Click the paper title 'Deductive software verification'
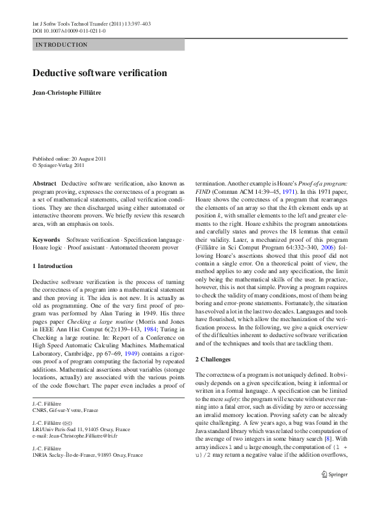click(x=100, y=73)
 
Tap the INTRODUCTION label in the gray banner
click(x=61, y=45)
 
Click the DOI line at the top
click(x=69, y=30)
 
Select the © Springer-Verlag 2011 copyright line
click(x=58, y=164)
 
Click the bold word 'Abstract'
click(x=44, y=182)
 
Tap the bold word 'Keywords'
click(x=46, y=239)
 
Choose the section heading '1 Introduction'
click(x=52, y=265)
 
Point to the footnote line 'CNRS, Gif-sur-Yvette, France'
click(x=65, y=410)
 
